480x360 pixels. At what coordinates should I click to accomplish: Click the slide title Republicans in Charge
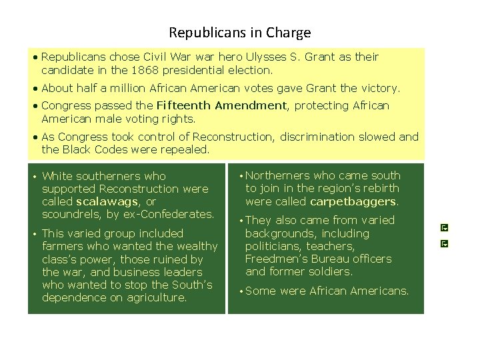(239, 32)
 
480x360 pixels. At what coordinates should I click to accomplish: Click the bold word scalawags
(107, 201)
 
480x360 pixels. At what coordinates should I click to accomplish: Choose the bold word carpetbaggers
(353, 201)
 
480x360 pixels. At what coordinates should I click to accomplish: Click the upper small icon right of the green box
(445, 228)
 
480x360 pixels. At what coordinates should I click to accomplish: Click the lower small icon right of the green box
(445, 243)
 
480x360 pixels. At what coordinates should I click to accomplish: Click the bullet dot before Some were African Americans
(241, 291)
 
